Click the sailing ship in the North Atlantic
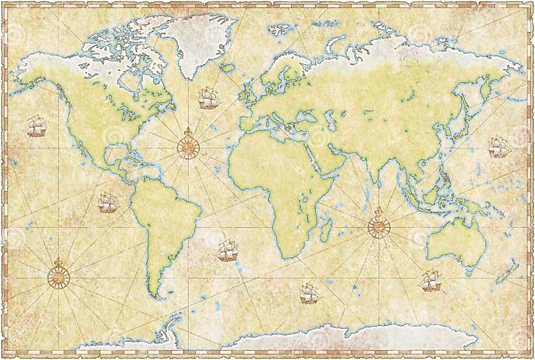tap(208, 98)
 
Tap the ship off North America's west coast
tap(36, 126)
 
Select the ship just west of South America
tap(107, 203)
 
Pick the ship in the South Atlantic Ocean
tap(227, 251)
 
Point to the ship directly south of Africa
tap(309, 293)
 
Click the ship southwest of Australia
tap(431, 281)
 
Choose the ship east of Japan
tap(498, 147)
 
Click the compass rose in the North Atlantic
tap(187, 146)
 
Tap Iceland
tap(227, 68)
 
